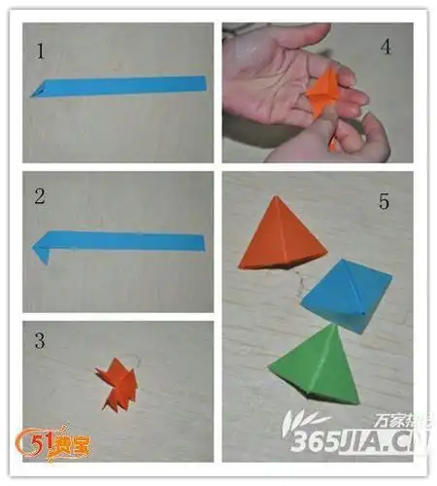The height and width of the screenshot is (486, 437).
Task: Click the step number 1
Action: coord(41,52)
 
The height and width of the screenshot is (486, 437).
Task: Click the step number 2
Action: coord(40,196)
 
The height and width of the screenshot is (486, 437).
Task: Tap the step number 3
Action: coord(40,341)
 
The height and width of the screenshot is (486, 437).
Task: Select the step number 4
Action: coord(386,46)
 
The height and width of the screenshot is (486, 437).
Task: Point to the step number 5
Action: coord(383,202)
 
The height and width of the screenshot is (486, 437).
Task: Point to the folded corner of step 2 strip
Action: coord(42,255)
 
